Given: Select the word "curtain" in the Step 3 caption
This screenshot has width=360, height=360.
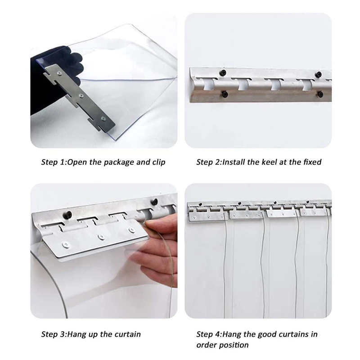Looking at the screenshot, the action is [128, 334].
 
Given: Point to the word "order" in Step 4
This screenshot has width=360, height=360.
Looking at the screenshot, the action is [206, 345].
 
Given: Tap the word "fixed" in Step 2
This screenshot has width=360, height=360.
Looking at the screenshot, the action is [312, 162].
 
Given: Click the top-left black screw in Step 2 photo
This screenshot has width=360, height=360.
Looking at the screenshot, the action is [223, 73].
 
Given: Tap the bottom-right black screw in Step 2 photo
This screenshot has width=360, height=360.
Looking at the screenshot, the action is [320, 94].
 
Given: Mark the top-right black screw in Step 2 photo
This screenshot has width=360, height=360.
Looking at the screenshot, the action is [319, 74].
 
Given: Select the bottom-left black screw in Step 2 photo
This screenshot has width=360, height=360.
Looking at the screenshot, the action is [224, 94].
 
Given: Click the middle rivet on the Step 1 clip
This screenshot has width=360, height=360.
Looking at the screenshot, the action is [81, 95].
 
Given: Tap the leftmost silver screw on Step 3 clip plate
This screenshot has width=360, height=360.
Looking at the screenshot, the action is [66, 245].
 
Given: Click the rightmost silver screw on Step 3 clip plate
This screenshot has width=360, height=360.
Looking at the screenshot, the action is [132, 229].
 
